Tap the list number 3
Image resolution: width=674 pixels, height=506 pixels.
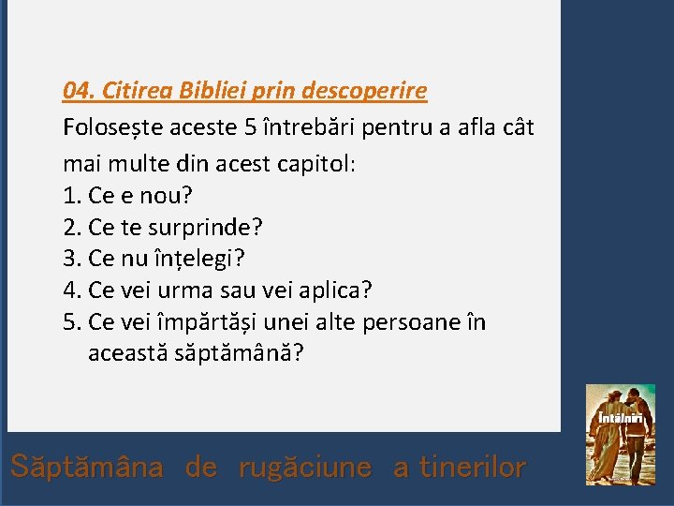click(72, 259)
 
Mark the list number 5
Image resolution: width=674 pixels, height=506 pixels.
click(72, 322)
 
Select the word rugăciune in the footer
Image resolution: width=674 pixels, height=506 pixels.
click(305, 467)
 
